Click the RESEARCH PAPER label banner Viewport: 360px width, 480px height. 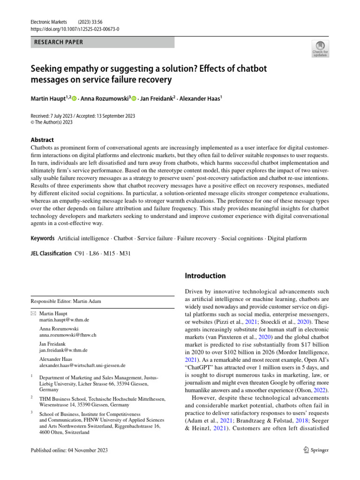[x=102, y=42]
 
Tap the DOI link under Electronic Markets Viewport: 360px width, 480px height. [x=75, y=29]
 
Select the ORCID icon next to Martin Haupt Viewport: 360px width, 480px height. [x=74, y=99]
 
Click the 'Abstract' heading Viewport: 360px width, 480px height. [x=42, y=140]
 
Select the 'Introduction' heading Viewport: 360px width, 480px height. [x=205, y=276]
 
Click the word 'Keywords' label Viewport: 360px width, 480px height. [x=43, y=239]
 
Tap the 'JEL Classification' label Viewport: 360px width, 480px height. [x=51, y=254]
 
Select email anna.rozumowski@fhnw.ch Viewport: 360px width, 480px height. [x=68, y=335]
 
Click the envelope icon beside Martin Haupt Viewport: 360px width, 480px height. [x=33, y=313]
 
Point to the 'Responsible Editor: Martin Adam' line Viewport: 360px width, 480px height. [x=66, y=301]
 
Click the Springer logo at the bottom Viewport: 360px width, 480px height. [x=316, y=450]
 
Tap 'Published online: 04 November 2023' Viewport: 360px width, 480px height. [x=69, y=450]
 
